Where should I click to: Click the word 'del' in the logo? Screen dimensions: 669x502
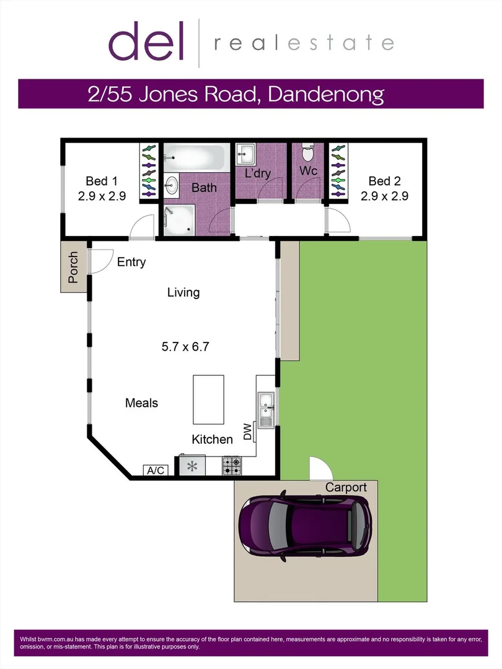(146, 41)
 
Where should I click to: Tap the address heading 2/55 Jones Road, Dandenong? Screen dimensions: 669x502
(235, 95)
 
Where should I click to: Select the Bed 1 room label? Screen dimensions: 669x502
(101, 181)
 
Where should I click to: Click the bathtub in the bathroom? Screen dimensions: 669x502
(195, 158)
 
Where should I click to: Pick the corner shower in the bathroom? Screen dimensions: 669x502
(178, 219)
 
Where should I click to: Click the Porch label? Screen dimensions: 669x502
(74, 267)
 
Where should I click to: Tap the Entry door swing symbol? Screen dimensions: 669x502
(100, 260)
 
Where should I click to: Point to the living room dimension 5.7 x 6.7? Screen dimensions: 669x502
(184, 347)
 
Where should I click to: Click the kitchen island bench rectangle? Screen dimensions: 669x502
(208, 400)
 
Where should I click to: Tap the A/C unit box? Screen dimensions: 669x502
(156, 470)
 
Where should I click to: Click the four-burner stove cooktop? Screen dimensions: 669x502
(232, 466)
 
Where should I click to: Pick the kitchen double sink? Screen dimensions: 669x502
(266, 409)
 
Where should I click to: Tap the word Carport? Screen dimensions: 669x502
(346, 488)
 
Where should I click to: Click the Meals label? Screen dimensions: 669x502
(141, 403)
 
